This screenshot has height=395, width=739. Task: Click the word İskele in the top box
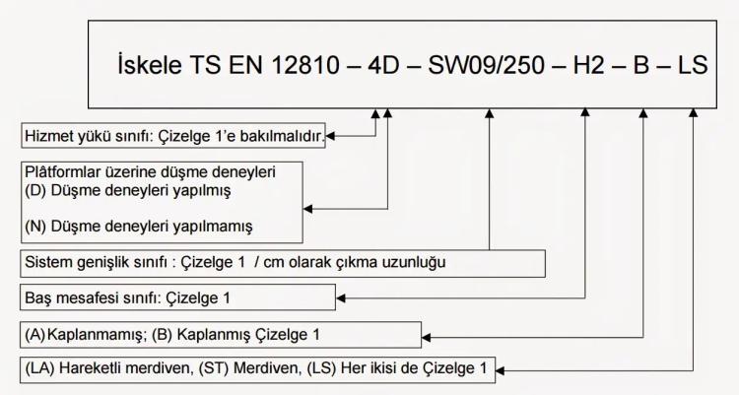(150, 64)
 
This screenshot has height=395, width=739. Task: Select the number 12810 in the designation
(304, 65)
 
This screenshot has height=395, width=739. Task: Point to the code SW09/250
(486, 65)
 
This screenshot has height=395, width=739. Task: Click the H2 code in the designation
(588, 65)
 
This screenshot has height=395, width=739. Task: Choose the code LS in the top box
(693, 65)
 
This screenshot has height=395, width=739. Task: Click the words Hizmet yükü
(65, 136)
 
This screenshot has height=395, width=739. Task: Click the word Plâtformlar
(63, 172)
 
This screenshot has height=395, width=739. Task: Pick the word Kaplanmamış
(95, 335)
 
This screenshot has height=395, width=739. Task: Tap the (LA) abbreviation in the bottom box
(39, 368)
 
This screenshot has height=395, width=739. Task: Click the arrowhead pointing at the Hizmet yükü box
(330, 136)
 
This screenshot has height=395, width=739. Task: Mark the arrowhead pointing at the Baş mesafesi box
(341, 297)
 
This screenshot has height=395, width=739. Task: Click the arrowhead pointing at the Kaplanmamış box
(426, 338)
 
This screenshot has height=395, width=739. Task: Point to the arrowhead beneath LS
(693, 113)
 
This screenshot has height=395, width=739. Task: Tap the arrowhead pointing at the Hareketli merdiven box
(500, 371)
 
